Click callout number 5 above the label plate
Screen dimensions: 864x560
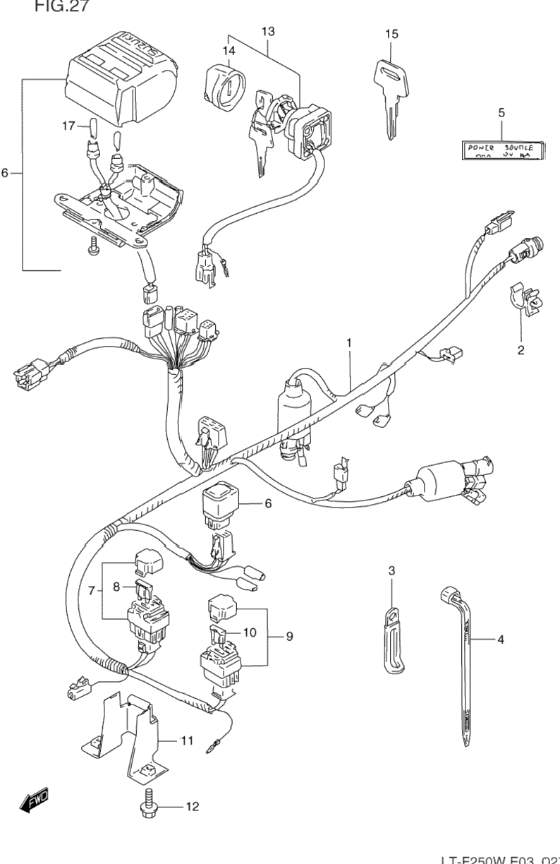tap(501, 113)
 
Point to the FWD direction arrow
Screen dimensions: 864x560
tap(33, 800)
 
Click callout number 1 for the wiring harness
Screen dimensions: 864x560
tap(348, 342)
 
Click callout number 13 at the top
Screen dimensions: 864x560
tap(268, 31)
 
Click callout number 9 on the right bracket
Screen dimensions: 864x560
tap(288, 636)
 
